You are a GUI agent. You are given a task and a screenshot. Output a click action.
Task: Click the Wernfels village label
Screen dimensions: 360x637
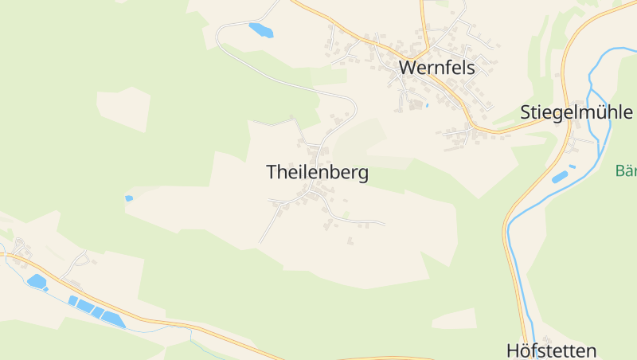tap(436, 68)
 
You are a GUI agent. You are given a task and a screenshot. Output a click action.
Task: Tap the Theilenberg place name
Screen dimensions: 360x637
tap(317, 173)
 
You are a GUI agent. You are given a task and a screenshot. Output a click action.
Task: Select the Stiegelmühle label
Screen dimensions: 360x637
tap(576, 112)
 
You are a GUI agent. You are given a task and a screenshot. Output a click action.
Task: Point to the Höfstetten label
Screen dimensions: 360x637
tap(551, 350)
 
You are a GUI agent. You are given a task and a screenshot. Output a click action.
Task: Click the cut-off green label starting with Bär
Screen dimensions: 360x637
tap(626, 170)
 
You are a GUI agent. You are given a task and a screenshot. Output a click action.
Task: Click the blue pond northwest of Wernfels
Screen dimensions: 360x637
tap(260, 30)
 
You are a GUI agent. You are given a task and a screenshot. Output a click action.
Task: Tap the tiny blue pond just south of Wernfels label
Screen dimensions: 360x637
tap(427, 105)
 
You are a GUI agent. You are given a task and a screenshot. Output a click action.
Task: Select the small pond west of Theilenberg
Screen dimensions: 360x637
tap(129, 198)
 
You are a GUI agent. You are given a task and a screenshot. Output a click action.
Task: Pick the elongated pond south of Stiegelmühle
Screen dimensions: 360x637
tap(560, 177)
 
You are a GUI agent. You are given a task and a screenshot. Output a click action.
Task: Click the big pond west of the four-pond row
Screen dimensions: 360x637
tap(37, 280)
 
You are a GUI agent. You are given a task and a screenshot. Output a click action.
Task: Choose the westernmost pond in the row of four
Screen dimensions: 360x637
tap(73, 300)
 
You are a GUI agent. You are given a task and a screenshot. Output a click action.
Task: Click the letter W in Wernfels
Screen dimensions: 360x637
tap(407, 68)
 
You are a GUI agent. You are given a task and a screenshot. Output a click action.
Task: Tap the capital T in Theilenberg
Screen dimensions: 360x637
tap(272, 173)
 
